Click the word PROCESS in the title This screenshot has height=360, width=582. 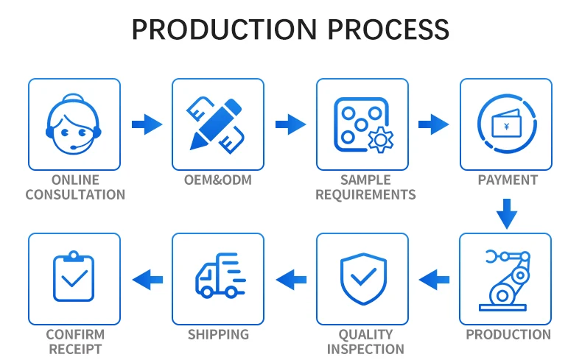pos(388,30)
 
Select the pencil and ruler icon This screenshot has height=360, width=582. pos(217,124)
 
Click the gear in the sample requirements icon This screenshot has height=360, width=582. pos(381,138)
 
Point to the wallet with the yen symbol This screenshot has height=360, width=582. pos(506,125)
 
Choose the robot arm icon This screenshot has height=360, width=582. pos(505,279)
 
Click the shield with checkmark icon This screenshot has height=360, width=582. pos(362,279)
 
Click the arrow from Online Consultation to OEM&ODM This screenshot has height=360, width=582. pos(147,124)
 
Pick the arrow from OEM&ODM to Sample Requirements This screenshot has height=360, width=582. pos(290,124)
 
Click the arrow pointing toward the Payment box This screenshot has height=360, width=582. pos(434,124)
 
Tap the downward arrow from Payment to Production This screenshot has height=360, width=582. pos(506,213)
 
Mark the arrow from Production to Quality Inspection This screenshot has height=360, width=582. pos(434,278)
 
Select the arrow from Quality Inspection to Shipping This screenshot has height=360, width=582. pos(290,278)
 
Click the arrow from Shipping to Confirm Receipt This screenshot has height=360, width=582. pos(147,278)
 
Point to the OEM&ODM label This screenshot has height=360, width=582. pos(217,180)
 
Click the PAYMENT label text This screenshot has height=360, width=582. pos(507,180)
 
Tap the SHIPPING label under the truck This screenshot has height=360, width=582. pos(217,334)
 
